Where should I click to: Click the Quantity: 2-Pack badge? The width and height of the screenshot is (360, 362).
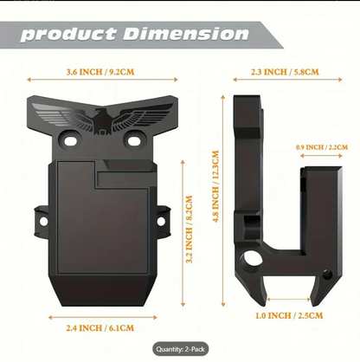tap(180, 349)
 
